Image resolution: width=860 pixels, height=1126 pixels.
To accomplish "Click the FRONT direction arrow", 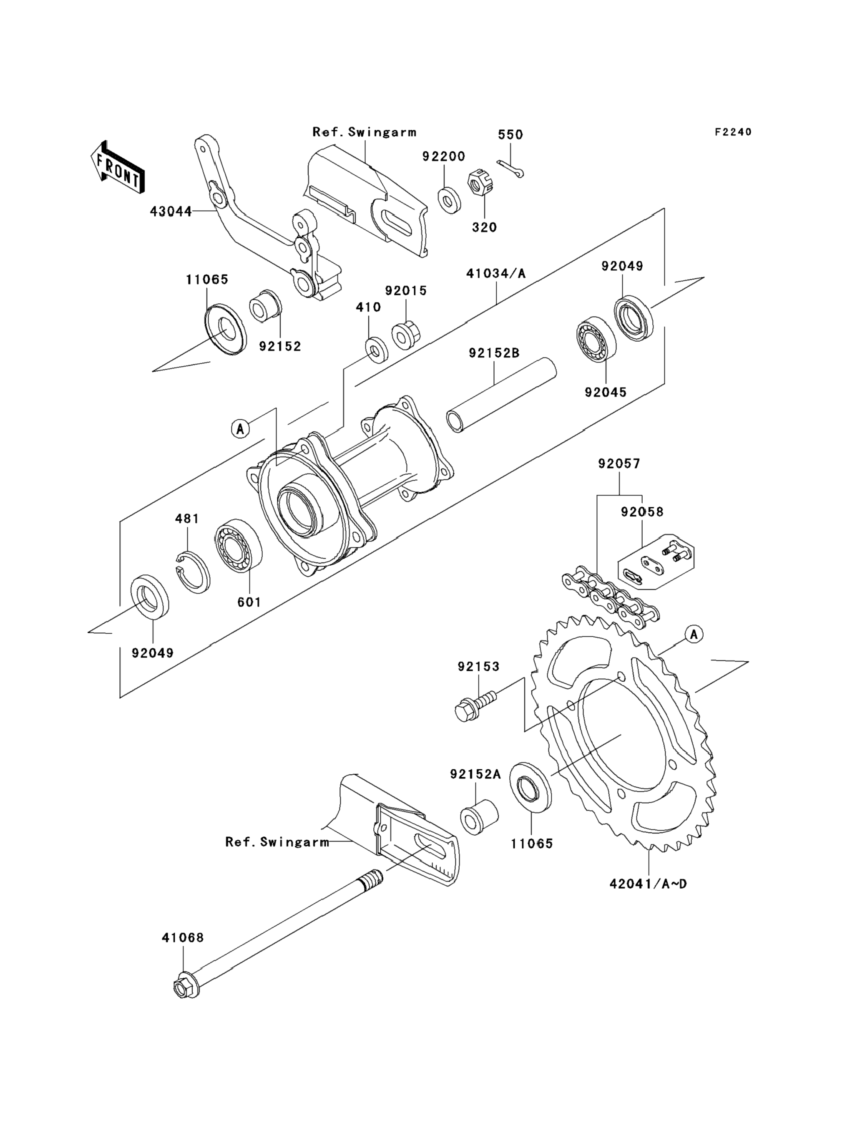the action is click(x=117, y=167).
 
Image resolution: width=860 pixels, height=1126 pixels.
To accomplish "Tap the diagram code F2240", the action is click(x=733, y=132).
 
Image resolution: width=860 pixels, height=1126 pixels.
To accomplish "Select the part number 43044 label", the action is click(x=171, y=211).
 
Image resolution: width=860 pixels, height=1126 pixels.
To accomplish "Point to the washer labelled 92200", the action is click(x=449, y=200).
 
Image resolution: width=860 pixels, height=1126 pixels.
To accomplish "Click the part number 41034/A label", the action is click(x=495, y=273).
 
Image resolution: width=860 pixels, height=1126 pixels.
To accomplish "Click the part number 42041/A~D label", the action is click(x=648, y=884).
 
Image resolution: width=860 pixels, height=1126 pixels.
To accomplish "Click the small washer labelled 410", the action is click(x=376, y=350).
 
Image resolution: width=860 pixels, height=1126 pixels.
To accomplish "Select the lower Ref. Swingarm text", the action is click(x=277, y=842).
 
